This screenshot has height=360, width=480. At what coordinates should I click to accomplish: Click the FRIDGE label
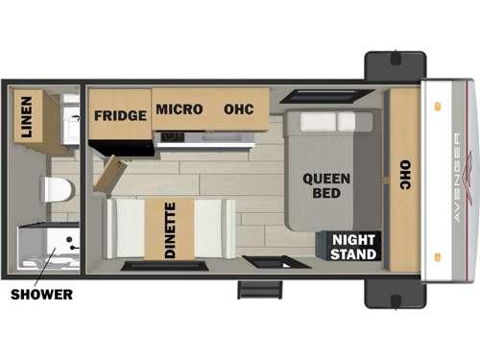tap(120, 115)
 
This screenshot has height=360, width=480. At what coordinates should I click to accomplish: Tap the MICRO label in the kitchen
tap(179, 109)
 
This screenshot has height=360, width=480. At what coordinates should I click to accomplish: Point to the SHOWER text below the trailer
tap(41, 295)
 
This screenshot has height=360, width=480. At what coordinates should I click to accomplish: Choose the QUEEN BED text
tap(326, 185)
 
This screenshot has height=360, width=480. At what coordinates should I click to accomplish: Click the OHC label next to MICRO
tap(238, 109)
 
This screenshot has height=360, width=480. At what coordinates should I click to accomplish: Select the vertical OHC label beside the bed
tap(404, 173)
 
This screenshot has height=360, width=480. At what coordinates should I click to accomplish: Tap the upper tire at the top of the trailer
tap(395, 65)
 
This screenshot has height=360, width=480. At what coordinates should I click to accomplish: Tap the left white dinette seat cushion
tap(124, 229)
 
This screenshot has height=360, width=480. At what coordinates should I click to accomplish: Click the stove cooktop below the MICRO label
tap(174, 136)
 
